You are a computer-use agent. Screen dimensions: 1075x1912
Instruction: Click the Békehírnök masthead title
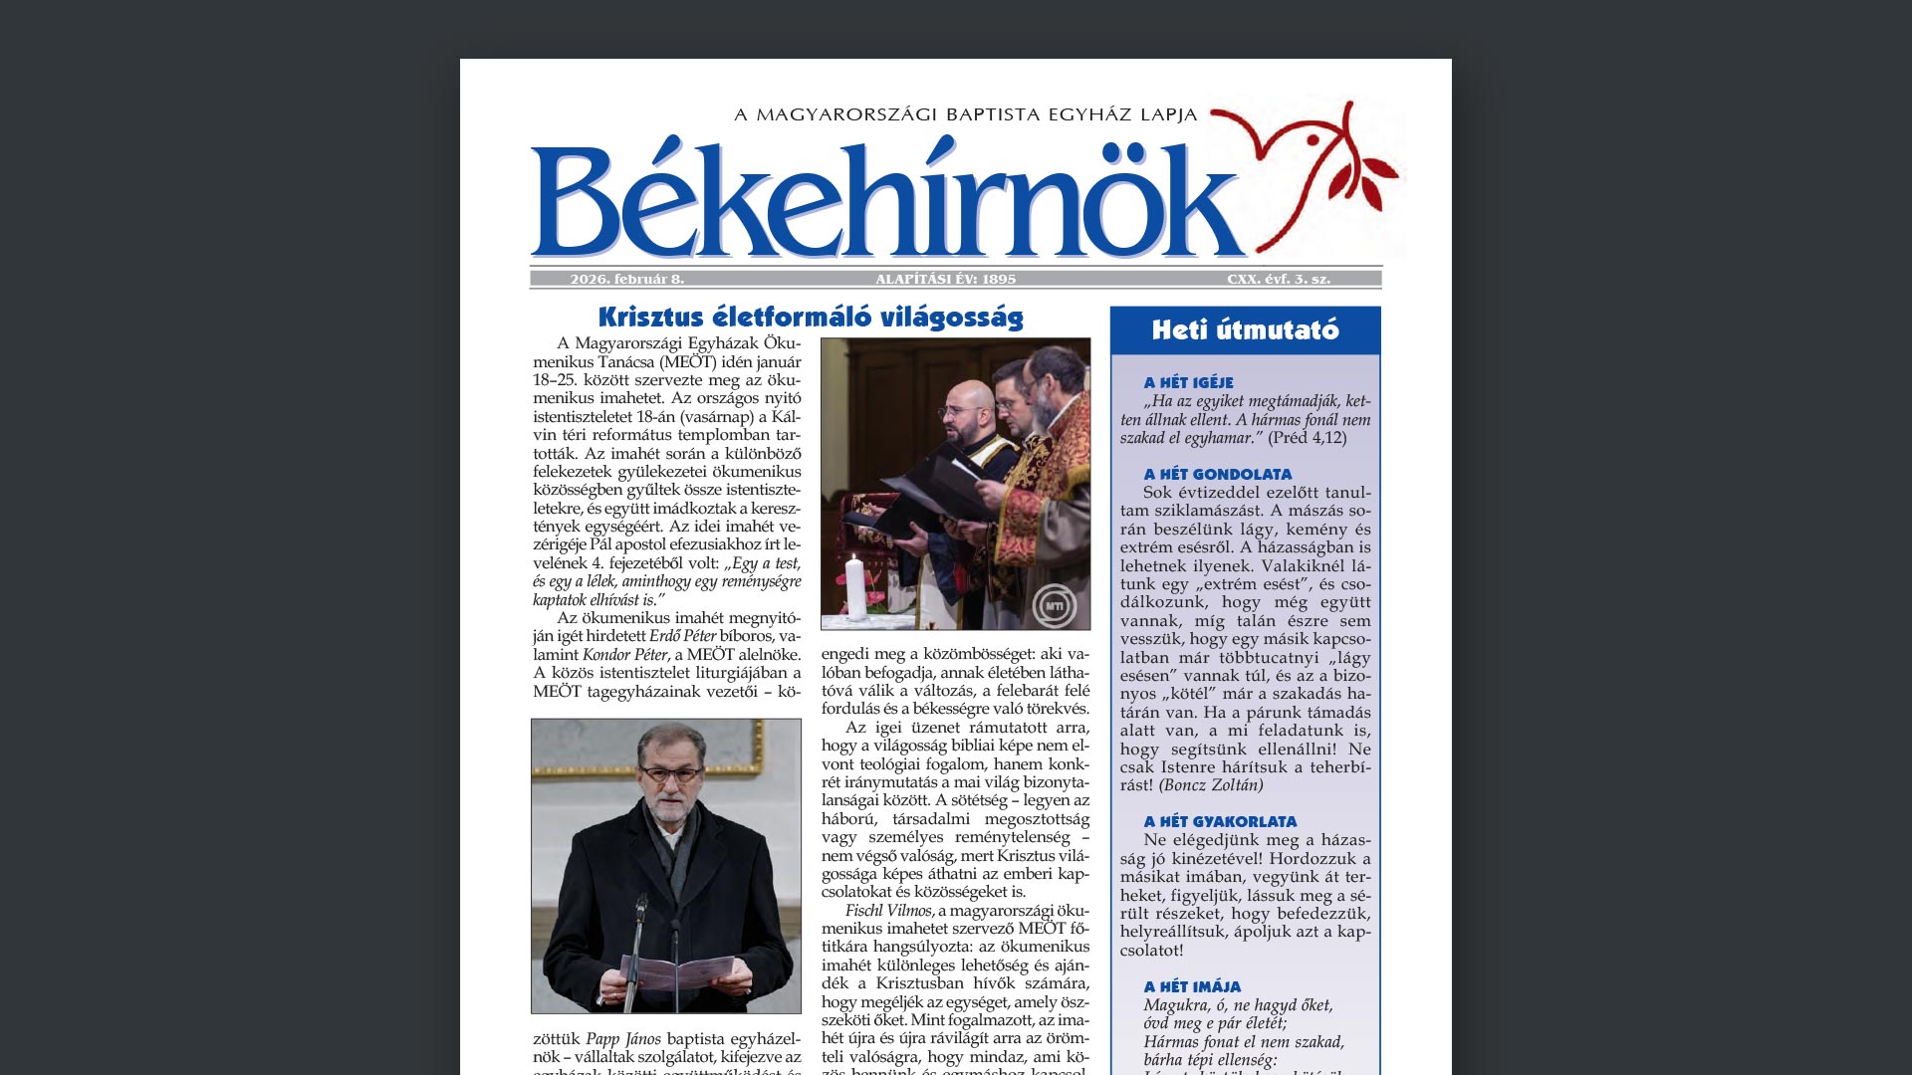tap(886, 199)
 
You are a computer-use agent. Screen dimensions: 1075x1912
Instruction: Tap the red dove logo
tap(1305, 159)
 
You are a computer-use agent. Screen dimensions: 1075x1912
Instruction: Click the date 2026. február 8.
tap(626, 280)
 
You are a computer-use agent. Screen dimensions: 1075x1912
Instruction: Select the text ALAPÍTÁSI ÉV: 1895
tap(945, 280)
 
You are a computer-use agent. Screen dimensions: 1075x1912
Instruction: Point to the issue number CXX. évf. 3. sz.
tap(1278, 280)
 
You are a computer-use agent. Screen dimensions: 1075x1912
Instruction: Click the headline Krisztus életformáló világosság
tap(811, 318)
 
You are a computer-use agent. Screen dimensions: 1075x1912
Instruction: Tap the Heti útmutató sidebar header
tap(1245, 330)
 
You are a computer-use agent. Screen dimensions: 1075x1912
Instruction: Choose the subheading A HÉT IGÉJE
tap(1188, 383)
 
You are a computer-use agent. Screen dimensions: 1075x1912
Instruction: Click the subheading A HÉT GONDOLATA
tap(1217, 475)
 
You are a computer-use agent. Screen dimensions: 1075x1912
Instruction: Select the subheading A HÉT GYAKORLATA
tap(1220, 822)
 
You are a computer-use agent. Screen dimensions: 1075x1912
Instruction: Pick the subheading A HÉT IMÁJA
tap(1192, 987)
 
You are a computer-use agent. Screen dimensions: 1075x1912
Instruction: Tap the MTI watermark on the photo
tap(1054, 606)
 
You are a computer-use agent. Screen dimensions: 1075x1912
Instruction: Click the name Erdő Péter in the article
tap(682, 636)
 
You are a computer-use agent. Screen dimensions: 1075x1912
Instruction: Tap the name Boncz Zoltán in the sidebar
tap(1211, 785)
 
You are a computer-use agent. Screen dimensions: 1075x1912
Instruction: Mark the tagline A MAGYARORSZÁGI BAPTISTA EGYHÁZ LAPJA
tap(965, 115)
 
